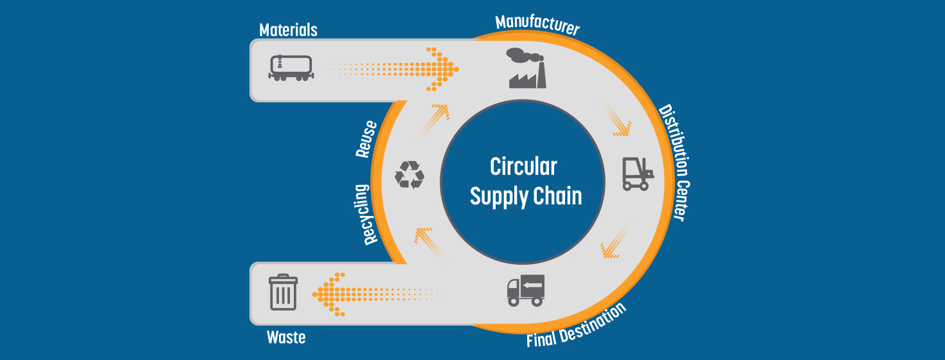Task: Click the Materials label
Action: pyautogui.click(x=288, y=30)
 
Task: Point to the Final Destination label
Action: pyautogui.click(x=576, y=325)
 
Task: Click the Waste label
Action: pyautogui.click(x=286, y=337)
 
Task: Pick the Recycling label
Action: pyautogui.click(x=370, y=215)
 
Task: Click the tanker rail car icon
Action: pyautogui.click(x=291, y=67)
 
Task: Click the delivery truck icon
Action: pyautogui.click(x=526, y=290)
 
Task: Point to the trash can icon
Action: pyautogui.click(x=283, y=292)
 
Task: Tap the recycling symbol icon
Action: pyautogui.click(x=410, y=174)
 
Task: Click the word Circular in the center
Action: pyautogui.click(x=523, y=166)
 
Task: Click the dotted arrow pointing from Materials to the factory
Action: pyautogui.click(x=399, y=68)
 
